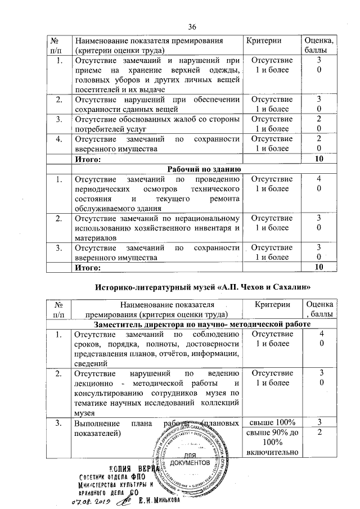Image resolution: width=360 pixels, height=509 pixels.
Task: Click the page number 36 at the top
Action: click(x=192, y=27)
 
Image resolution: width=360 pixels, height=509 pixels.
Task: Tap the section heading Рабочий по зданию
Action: click(x=205, y=169)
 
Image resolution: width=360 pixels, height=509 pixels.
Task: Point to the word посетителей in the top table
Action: click(x=95, y=90)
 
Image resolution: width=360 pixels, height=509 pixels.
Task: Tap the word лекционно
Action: click(x=96, y=384)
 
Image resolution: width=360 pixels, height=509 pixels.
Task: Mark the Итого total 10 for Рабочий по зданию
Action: click(x=319, y=267)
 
